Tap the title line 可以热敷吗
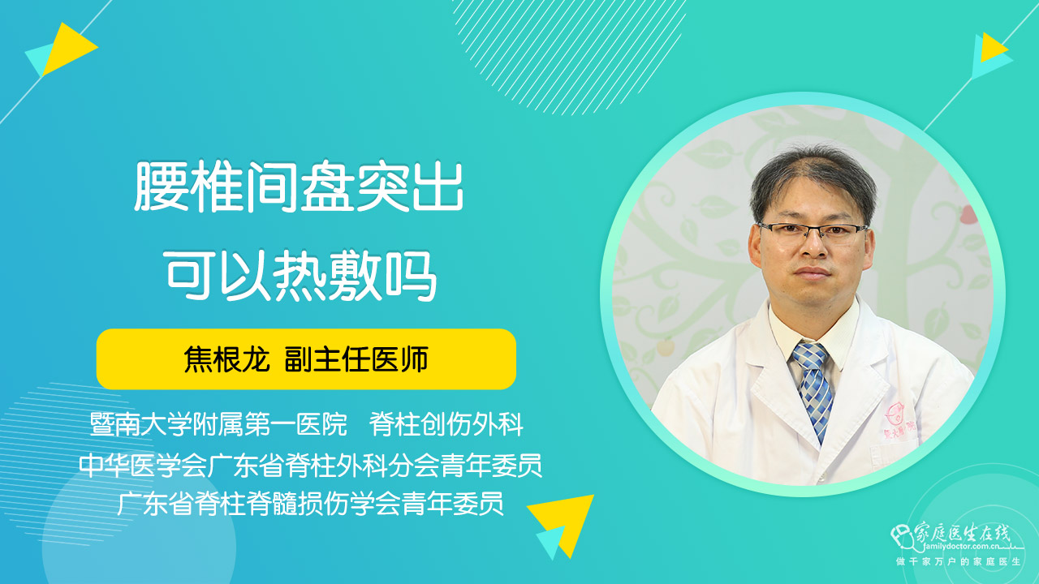coord(300,275)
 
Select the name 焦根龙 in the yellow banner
coord(226,359)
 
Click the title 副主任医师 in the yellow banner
coord(356,359)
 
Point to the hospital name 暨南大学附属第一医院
coord(218,424)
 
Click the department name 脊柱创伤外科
coord(446,424)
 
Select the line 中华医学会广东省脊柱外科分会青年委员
coord(310,465)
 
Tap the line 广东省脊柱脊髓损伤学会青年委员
coord(310,504)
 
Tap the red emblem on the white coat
coord(895,414)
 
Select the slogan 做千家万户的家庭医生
coord(959,562)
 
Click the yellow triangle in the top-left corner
coord(69,49)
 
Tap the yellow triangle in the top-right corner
coord(993,47)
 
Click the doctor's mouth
coord(813,273)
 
